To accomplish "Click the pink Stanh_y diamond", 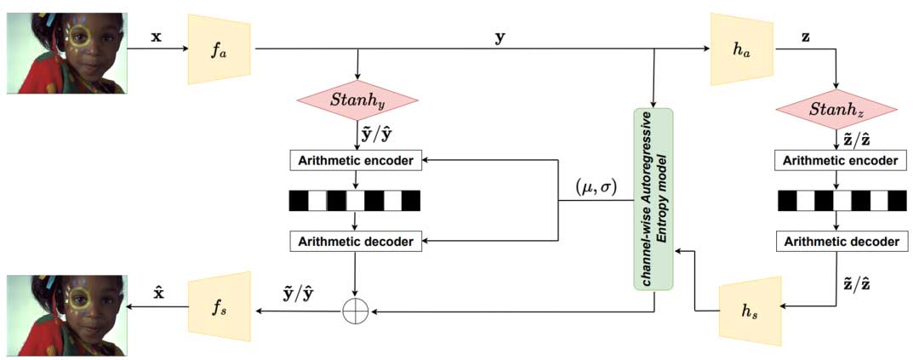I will pos(357,101).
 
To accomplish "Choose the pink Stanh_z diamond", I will pos(837,110).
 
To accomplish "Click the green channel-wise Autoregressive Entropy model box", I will pos(654,197).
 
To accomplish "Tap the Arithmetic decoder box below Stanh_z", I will pos(838,241).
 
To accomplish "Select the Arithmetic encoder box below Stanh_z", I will pos(838,160).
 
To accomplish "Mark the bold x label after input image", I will pos(156,38).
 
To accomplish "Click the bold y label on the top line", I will pos(499,38).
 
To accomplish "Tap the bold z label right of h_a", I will pos(805,38).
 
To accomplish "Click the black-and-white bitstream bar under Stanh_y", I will pos(355,201).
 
